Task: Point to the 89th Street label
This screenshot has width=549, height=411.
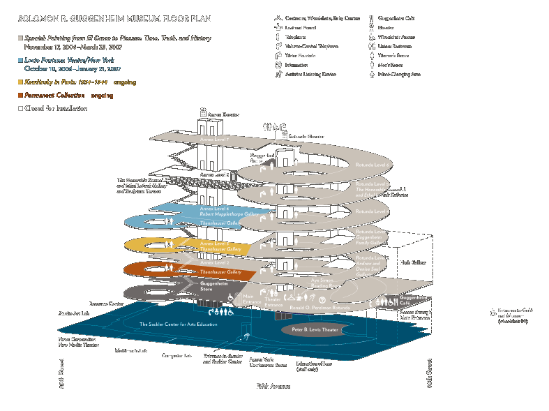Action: point(62,375)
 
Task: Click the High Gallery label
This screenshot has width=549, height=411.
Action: point(412,262)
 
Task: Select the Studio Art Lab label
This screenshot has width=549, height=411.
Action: point(74,314)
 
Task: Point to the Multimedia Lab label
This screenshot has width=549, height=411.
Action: point(131,351)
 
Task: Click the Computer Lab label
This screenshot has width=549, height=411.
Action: point(176,356)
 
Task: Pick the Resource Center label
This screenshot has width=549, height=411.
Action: point(106,304)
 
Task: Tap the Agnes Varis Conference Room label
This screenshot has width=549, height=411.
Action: point(269,362)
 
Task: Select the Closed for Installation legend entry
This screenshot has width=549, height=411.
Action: point(56,109)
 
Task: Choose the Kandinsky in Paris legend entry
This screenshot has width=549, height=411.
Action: point(66,82)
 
